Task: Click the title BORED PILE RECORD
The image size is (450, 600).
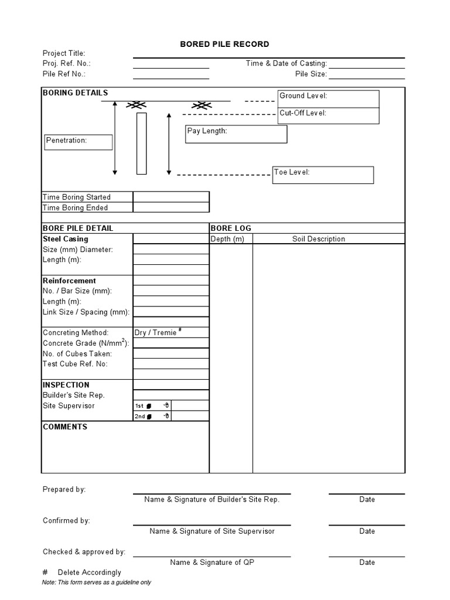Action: click(x=224, y=44)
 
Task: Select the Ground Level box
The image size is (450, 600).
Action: click(x=328, y=98)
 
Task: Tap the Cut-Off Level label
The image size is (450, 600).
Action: click(x=303, y=113)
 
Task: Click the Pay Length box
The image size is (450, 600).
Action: click(x=236, y=134)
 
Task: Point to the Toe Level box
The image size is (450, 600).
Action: click(x=323, y=175)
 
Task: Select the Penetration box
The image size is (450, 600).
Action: click(x=79, y=142)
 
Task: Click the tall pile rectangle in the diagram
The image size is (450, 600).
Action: click(x=141, y=144)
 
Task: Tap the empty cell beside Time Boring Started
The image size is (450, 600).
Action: click(x=171, y=197)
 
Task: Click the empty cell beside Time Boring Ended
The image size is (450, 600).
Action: click(x=171, y=207)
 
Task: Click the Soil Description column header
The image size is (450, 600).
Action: click(x=319, y=238)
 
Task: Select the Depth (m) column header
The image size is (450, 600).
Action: click(x=227, y=238)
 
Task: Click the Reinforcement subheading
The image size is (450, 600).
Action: click(x=69, y=281)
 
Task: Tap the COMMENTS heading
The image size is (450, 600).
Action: click(x=65, y=427)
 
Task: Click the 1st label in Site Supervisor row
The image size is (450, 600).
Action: click(x=139, y=405)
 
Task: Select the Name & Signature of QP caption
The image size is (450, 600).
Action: click(x=212, y=562)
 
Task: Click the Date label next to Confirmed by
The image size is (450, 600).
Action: click(x=367, y=531)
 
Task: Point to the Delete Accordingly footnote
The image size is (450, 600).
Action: click(x=89, y=572)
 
